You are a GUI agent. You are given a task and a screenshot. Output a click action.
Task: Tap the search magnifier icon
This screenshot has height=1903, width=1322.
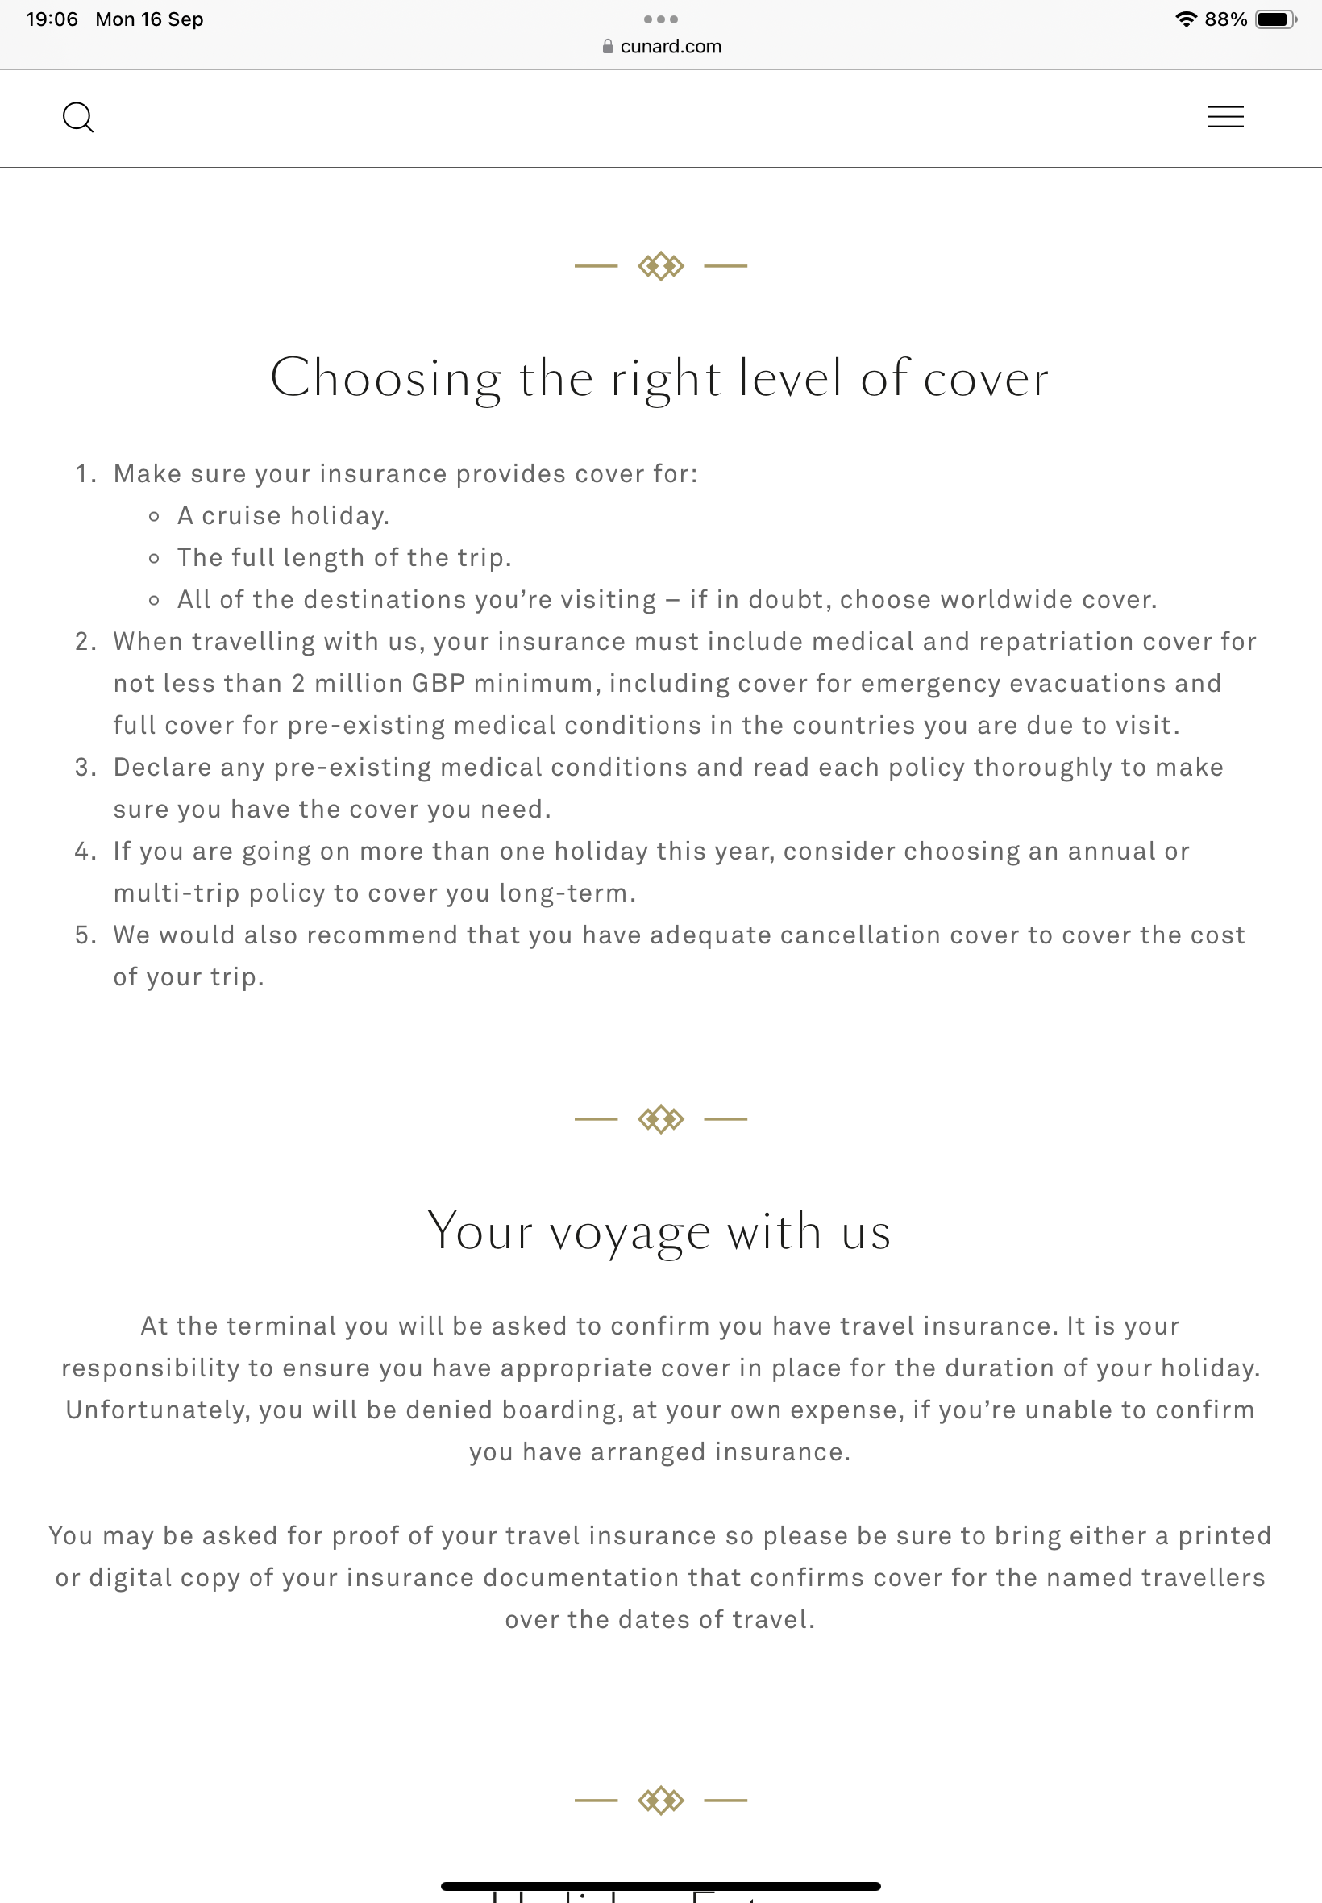78,117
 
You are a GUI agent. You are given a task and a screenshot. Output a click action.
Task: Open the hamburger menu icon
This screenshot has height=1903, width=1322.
1224,117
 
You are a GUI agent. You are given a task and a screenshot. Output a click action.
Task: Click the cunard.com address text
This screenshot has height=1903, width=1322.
670,47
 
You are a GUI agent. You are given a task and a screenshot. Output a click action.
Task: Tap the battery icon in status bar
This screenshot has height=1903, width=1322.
1274,19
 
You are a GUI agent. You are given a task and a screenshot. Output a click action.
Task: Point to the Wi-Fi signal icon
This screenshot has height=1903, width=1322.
1186,19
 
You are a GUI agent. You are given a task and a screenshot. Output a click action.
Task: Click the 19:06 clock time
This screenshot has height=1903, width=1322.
52,19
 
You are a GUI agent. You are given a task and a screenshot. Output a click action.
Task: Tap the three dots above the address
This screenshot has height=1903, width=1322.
660,19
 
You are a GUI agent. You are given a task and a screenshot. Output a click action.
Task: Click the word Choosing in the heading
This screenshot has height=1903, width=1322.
385,380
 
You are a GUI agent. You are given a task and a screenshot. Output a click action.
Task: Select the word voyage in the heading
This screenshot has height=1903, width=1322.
630,1232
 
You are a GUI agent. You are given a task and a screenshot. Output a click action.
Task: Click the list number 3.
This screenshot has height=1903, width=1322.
83,767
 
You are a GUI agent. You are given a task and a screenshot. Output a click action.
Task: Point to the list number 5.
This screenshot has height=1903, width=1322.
83,935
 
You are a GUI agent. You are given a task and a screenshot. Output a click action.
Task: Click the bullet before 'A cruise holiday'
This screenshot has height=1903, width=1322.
154,517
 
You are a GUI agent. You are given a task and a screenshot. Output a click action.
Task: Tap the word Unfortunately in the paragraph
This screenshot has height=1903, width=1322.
157,1410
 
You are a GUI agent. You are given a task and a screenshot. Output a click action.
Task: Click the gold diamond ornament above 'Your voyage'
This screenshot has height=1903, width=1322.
660,1119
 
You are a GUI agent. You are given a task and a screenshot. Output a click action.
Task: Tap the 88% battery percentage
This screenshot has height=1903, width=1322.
1225,19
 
